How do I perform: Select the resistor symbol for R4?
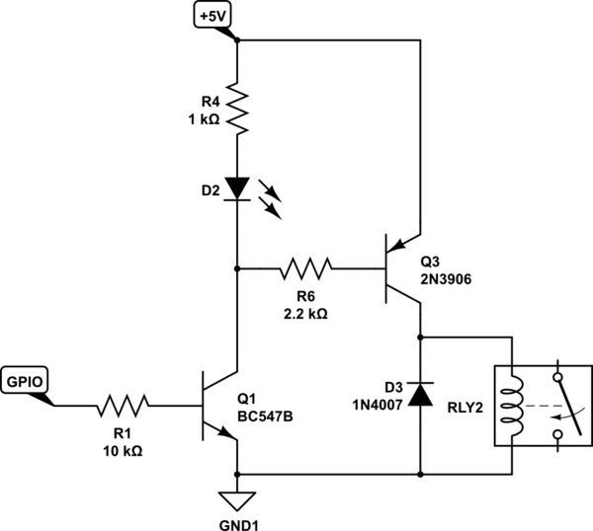[237, 110]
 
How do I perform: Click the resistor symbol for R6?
[306, 267]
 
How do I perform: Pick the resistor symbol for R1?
[123, 403]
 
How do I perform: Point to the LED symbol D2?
[237, 187]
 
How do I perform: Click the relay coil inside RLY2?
[511, 404]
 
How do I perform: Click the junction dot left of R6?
[237, 267]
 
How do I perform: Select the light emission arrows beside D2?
[271, 195]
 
